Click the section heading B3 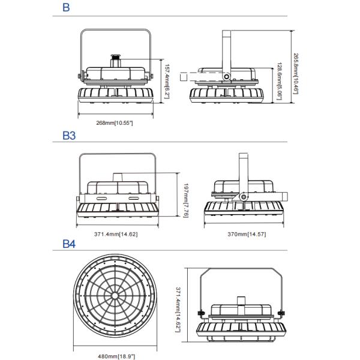69,136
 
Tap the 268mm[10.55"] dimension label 114,122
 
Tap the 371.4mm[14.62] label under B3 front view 115,233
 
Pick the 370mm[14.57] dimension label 245,233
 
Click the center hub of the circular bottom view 115,296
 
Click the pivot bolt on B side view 226,76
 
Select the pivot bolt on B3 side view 244,196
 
